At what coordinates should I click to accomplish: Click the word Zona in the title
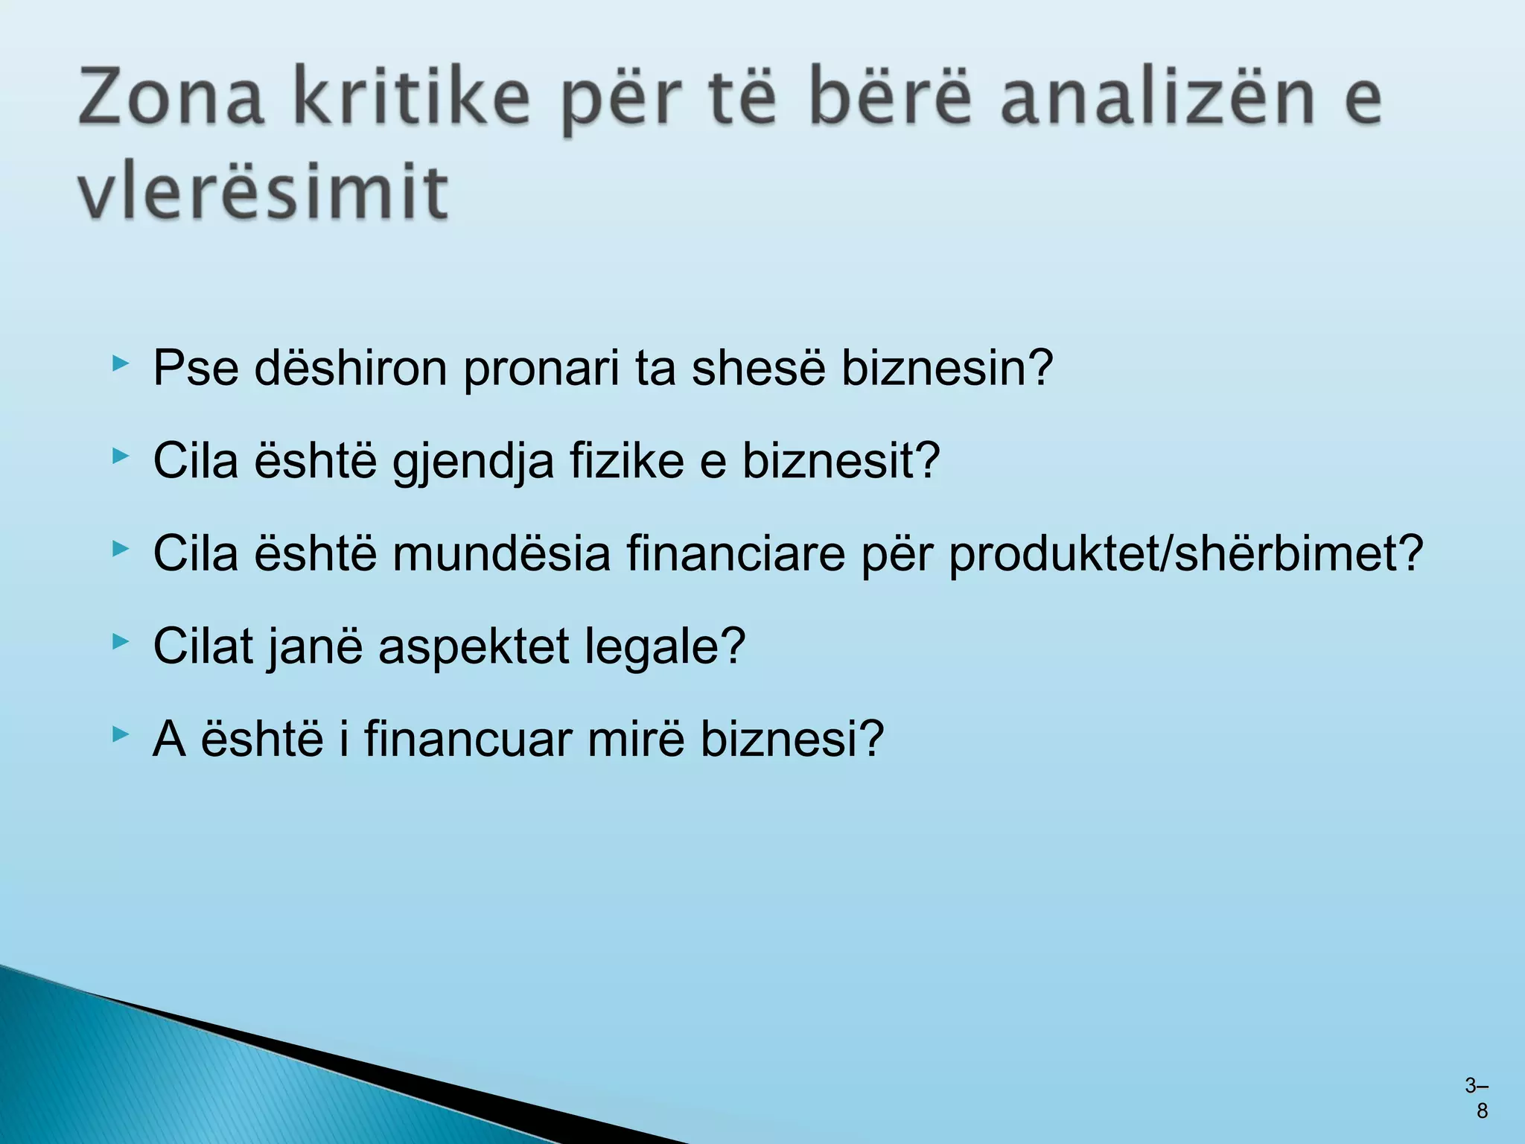(171, 98)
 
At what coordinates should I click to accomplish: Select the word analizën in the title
(1159, 98)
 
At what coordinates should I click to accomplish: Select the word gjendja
(474, 460)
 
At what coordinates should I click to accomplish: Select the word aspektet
(474, 646)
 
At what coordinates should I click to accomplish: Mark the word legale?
(665, 646)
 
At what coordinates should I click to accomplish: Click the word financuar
(468, 739)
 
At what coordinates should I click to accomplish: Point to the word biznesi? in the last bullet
(792, 739)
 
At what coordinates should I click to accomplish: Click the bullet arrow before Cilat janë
(120, 641)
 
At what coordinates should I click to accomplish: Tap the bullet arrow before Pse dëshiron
(120, 363)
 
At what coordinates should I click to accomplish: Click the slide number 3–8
(1477, 1099)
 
